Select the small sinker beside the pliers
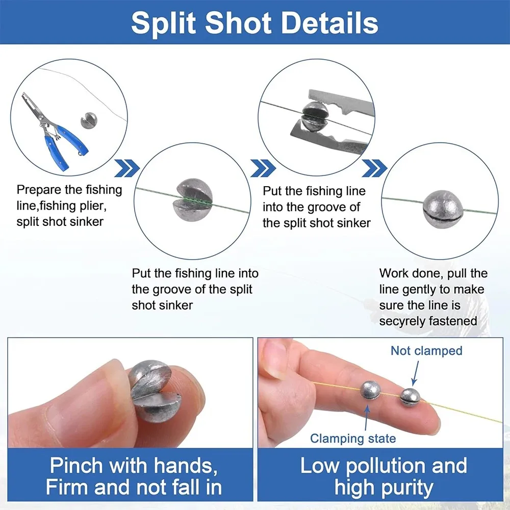tap(88, 120)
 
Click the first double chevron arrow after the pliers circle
tap(127, 168)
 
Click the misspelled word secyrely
tap(401, 321)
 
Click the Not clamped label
tap(426, 351)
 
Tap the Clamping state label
tap(353, 439)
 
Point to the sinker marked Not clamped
tap(410, 397)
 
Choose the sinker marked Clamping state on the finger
tap(371, 390)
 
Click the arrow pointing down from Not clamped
tap(415, 373)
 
